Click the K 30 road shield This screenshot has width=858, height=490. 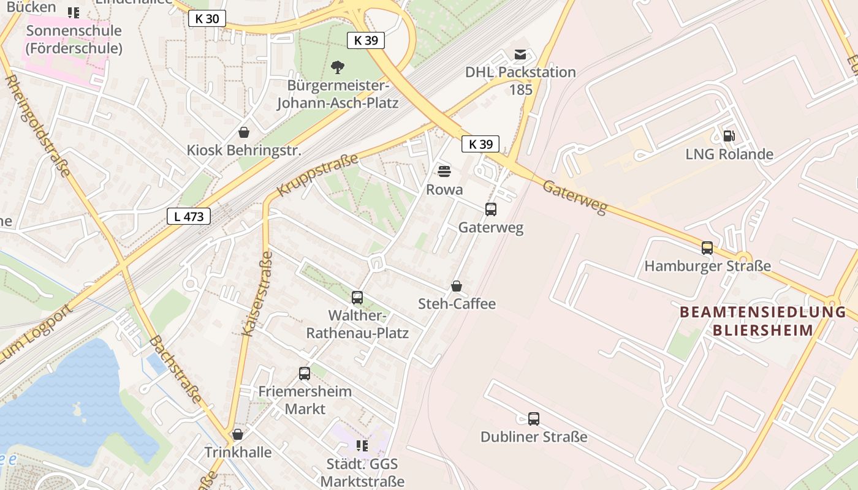tap(207, 18)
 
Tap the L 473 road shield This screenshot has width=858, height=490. tap(189, 216)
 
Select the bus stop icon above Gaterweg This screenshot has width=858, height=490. tap(491, 209)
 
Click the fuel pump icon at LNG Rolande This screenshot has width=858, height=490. tap(729, 136)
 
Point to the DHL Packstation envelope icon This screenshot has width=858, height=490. tap(520, 55)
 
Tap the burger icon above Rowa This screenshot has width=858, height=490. tap(444, 171)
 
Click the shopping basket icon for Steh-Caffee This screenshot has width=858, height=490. tap(457, 286)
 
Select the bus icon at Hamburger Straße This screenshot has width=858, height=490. tap(707, 248)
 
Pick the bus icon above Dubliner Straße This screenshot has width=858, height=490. tap(534, 419)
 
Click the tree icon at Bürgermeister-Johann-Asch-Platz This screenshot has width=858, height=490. tap(337, 67)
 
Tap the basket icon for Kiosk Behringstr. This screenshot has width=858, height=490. tap(244, 132)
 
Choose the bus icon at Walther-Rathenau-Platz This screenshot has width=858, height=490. tap(357, 298)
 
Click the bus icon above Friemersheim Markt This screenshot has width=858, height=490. tap(305, 373)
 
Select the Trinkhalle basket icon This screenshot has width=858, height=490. tap(238, 434)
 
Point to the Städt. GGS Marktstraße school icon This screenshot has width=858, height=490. tap(362, 446)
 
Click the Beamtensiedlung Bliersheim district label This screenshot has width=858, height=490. tap(763, 321)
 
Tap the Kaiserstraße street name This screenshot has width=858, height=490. tap(257, 294)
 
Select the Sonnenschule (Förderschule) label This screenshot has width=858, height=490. tap(74, 39)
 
